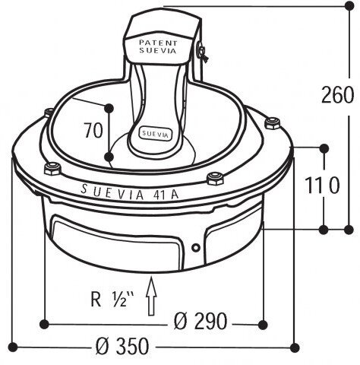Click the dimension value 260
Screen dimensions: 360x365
[x=337, y=95]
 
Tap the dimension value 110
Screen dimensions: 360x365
[x=322, y=185]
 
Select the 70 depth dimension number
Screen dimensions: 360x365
[x=93, y=130]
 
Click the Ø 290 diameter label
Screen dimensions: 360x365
[x=201, y=321]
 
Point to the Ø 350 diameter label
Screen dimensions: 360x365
[x=122, y=346]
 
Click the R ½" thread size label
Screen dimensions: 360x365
[x=112, y=300]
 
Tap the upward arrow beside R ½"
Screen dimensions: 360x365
[x=151, y=297]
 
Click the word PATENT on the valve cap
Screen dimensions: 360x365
[x=158, y=43]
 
